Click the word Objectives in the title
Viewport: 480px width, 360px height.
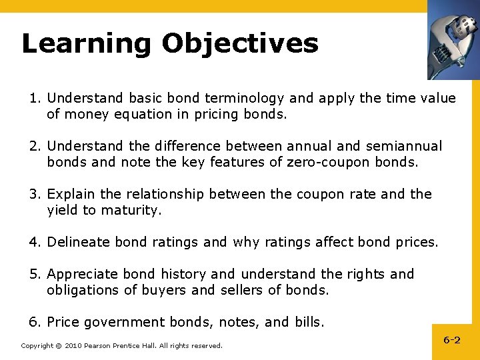pyautogui.click(x=240, y=44)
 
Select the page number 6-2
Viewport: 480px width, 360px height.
pyautogui.click(x=452, y=340)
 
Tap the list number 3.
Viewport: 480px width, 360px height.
pyautogui.click(x=33, y=194)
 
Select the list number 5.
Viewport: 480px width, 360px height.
pyautogui.click(x=33, y=274)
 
